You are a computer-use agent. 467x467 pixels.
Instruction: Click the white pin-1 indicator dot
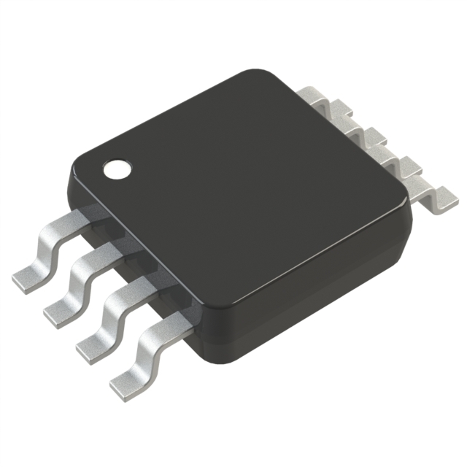[115, 170]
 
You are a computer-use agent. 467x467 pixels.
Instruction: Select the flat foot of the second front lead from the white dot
[61, 311]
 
